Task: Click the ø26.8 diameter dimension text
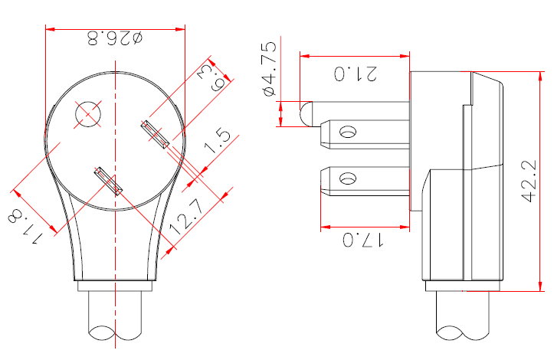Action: (x=115, y=38)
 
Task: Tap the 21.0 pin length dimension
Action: (x=356, y=74)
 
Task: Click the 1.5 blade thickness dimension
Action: (x=218, y=141)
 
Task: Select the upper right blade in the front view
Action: (x=155, y=135)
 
